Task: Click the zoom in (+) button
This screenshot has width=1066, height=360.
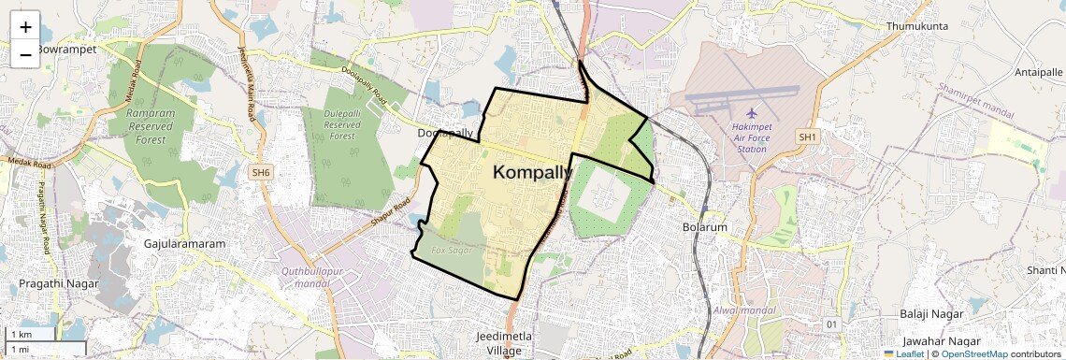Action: [25, 27]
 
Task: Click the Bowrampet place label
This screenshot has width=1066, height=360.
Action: [66, 49]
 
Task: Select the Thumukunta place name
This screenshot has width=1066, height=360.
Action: [918, 26]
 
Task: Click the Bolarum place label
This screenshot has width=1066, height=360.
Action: [705, 227]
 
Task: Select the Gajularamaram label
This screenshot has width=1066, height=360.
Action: [185, 244]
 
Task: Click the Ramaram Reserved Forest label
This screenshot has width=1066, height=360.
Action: [150, 126]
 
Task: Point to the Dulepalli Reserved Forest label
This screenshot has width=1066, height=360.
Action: [342, 124]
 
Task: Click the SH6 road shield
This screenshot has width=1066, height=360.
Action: [261, 172]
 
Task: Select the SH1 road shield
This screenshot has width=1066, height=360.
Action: [807, 137]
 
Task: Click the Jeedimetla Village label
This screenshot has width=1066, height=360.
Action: [497, 343]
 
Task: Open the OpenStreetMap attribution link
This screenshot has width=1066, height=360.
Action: [973, 354]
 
